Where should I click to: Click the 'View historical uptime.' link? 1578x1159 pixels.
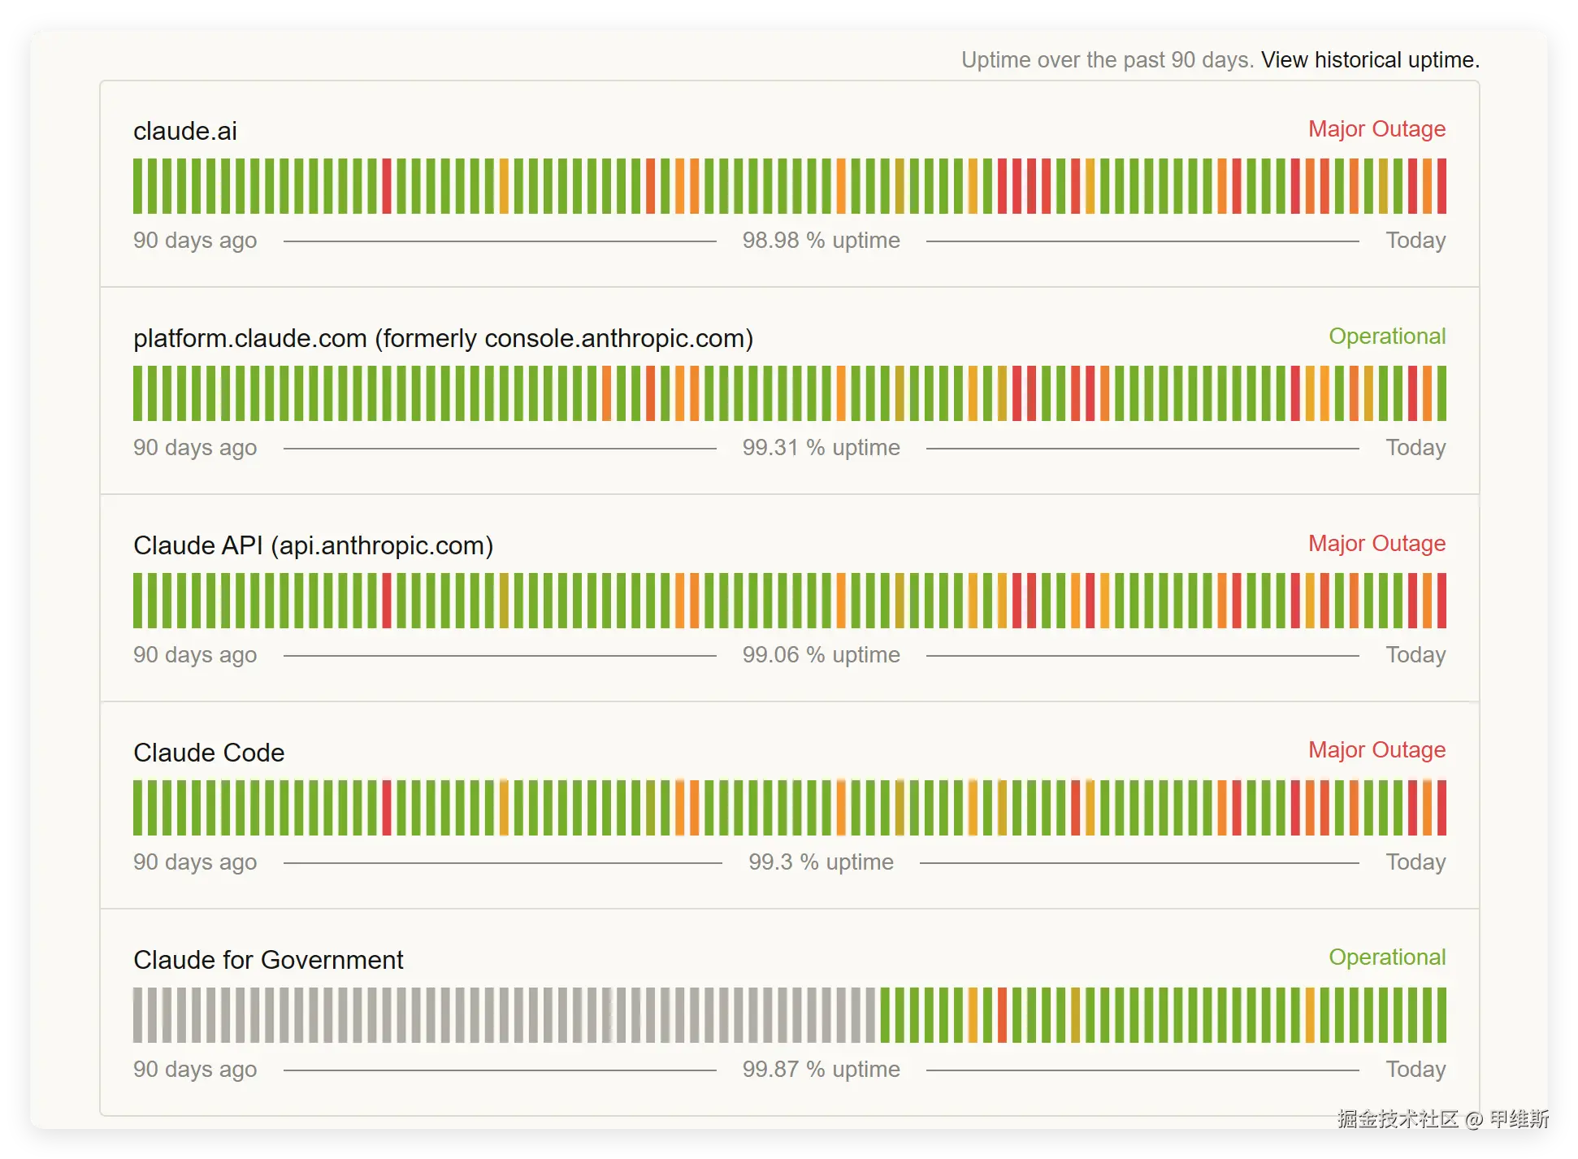point(1370,60)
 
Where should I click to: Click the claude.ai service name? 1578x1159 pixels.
point(185,131)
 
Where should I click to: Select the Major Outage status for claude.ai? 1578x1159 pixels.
point(1376,129)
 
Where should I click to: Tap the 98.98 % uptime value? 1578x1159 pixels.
point(821,241)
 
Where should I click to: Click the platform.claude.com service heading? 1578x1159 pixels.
point(443,338)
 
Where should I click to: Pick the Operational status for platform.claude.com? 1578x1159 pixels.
point(1387,336)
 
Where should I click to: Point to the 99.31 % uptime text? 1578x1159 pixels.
point(821,448)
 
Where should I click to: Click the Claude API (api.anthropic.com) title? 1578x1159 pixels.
point(313,545)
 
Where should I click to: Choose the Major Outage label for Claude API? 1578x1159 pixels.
point(1376,544)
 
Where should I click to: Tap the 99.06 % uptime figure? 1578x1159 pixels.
point(821,655)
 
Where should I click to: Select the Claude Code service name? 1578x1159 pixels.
point(209,753)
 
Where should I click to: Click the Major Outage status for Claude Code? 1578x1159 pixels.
point(1376,750)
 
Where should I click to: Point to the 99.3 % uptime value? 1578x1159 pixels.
point(821,862)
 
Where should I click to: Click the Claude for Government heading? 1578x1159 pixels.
point(268,960)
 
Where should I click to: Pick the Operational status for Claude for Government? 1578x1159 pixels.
point(1387,957)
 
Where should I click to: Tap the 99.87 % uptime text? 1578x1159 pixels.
point(821,1070)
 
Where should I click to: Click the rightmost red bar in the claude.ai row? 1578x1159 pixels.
point(1441,186)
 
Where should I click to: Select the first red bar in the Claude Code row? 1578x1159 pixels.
point(387,808)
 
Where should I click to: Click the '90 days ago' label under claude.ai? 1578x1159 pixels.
point(195,241)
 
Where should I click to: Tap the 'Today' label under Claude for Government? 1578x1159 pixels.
point(1415,1070)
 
